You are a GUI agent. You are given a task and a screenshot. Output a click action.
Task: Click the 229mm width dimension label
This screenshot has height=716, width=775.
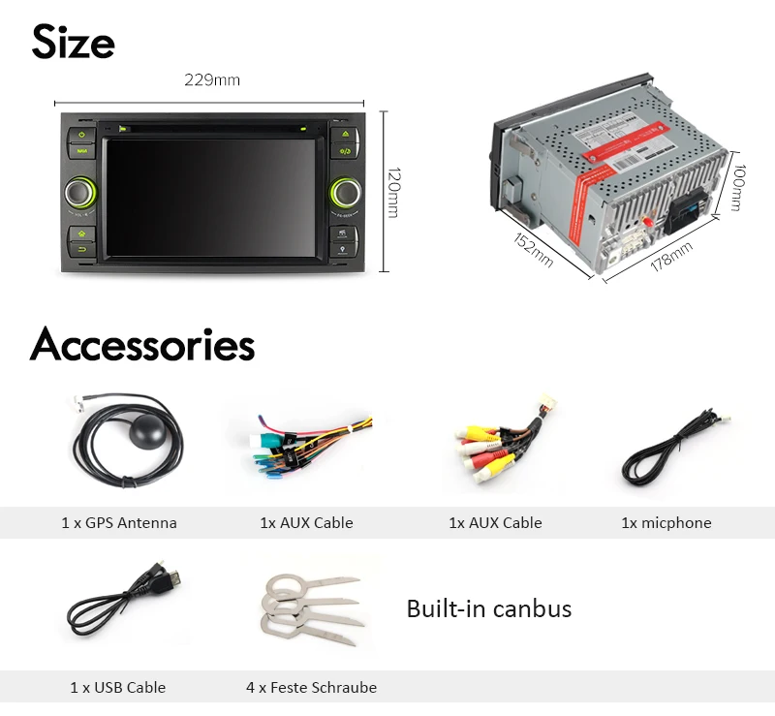point(212,80)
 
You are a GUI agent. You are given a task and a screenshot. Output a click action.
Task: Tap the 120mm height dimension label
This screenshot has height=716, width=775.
point(392,193)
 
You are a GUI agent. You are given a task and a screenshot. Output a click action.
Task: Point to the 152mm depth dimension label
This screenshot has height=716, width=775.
point(533,250)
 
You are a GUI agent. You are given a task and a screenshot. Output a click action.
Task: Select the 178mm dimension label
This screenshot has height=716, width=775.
point(670,257)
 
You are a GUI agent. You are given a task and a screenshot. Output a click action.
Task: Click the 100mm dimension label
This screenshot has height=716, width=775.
point(737,188)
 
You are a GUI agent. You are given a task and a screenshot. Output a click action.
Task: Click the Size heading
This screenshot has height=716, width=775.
point(73,42)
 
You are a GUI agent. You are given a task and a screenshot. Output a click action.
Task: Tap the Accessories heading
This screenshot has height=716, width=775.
point(142,345)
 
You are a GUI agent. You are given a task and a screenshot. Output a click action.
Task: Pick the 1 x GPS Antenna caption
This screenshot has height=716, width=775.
point(119,523)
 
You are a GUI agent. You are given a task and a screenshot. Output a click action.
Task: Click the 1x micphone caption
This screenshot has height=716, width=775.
point(666,523)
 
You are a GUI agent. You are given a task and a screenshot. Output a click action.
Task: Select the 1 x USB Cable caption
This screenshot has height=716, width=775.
point(118,688)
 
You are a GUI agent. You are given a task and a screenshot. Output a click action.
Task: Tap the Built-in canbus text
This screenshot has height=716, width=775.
point(489,608)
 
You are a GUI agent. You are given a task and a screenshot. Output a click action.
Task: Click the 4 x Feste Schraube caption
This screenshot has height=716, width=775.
point(311,688)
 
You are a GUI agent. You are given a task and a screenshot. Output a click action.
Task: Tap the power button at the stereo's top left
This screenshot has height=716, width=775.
point(80,135)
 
